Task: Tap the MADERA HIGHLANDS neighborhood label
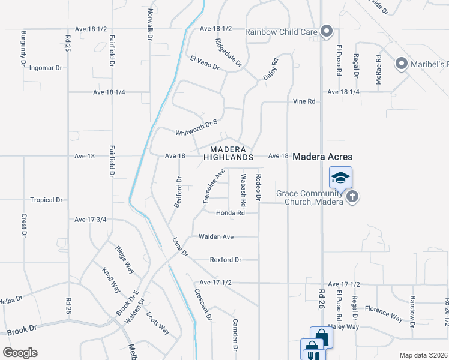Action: coord(228,153)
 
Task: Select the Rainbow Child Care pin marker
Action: coord(327,31)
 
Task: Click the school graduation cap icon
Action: coord(340,178)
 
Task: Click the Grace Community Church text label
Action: coord(309,197)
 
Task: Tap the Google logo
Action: coord(20,353)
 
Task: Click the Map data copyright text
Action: coord(423,355)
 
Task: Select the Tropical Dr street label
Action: coord(47,200)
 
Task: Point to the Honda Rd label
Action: coord(231,213)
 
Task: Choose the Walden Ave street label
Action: coord(216,237)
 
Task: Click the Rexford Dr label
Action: coord(225,260)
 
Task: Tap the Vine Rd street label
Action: coord(304,102)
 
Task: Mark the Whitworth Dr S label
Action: coord(196,128)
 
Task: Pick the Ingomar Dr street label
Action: coord(46,68)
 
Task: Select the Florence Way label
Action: coord(384,313)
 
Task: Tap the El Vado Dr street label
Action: coord(205,63)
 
